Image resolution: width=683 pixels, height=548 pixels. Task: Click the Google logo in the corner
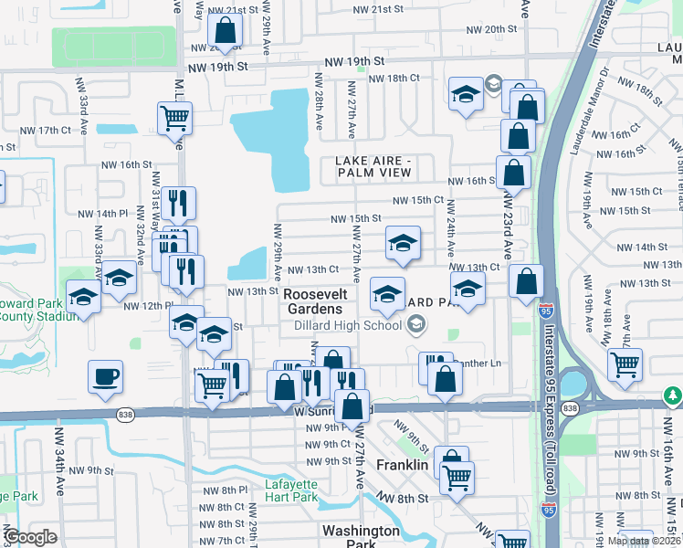coord(30,537)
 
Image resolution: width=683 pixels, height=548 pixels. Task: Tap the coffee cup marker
coord(105,376)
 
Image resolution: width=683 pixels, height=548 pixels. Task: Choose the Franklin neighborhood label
coord(402,465)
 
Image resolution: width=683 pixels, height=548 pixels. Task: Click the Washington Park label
coord(360,537)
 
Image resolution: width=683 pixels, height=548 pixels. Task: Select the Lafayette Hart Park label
coord(290,490)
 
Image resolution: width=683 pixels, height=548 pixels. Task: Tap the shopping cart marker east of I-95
coord(625,363)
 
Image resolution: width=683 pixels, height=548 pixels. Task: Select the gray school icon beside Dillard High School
coord(416,324)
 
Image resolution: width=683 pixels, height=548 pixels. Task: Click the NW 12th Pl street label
coord(148,306)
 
